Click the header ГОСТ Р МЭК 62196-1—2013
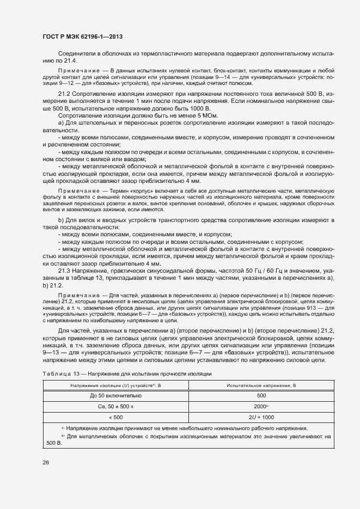tap(82, 37)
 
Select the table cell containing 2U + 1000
tap(261, 416)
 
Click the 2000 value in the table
tap(260, 406)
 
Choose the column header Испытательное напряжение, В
tap(261, 385)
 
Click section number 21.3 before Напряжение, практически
tap(64, 271)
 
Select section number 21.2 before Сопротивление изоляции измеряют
tap(64, 94)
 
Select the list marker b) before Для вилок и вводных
tap(60, 219)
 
